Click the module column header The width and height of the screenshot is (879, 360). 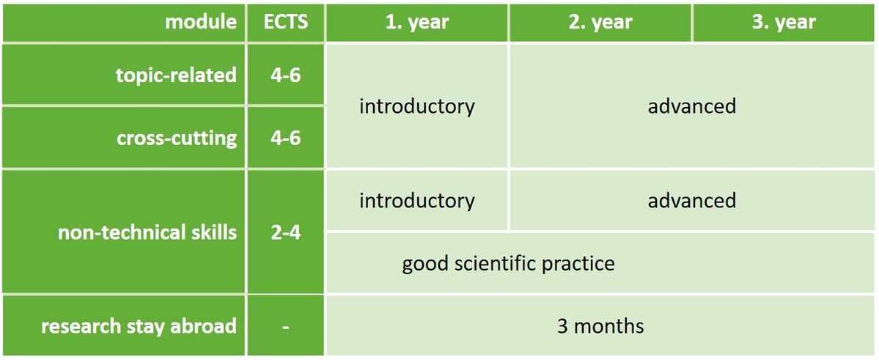(202, 22)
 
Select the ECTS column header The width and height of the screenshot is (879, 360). (286, 22)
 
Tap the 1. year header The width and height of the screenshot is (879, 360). (418, 23)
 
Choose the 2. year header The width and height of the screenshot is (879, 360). (600, 23)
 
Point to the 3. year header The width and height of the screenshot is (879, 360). (784, 23)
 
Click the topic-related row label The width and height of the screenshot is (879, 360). (176, 75)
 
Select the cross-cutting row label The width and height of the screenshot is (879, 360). (177, 138)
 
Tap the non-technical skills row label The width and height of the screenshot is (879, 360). (147, 232)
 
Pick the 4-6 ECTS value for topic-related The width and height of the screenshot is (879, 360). (286, 75)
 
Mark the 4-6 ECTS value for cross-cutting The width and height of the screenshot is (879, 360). (286, 138)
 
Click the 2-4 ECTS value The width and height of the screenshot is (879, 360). (286, 232)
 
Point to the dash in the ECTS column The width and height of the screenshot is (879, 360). (286, 327)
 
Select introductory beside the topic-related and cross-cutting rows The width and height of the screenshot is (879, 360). (417, 106)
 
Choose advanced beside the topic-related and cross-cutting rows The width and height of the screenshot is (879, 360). (692, 106)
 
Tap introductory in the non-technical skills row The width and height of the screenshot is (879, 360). (417, 201)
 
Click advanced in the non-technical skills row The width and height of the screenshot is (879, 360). (692, 200)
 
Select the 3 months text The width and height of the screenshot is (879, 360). (600, 326)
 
